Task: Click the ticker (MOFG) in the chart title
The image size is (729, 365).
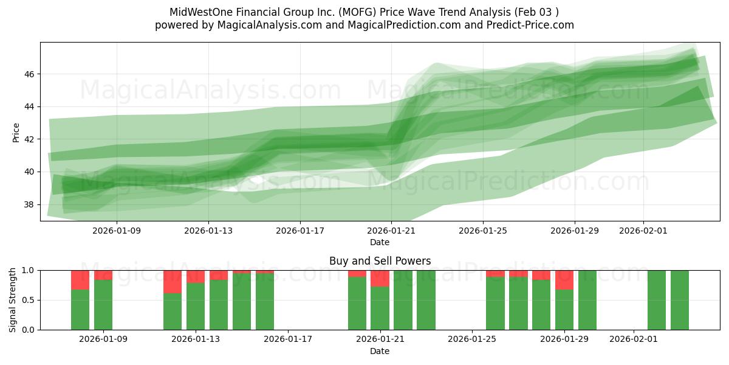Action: [x=344, y=12]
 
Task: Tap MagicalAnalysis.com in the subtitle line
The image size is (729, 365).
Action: [x=262, y=25]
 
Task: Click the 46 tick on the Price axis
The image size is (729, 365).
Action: [x=29, y=74]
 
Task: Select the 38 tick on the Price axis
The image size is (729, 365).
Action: [x=29, y=204]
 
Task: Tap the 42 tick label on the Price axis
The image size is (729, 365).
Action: [x=29, y=139]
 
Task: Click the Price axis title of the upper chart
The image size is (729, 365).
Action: [x=16, y=132]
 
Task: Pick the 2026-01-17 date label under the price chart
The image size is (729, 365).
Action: [x=300, y=231]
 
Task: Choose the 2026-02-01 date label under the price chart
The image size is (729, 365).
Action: [x=643, y=231]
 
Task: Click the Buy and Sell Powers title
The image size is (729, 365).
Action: [x=380, y=261]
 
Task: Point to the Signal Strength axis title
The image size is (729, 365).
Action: [x=13, y=300]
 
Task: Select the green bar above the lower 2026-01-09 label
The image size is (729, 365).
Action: [x=103, y=304]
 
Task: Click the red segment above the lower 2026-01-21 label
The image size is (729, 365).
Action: [x=380, y=278]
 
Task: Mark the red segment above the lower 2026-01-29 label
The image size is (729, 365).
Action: [x=564, y=280]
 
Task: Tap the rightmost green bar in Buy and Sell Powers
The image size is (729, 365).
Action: [x=679, y=300]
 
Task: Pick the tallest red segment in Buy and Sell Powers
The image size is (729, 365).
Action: [x=173, y=282]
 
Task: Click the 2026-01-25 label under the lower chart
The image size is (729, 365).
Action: [x=472, y=339]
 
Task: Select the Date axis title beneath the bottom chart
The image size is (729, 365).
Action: [x=380, y=351]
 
